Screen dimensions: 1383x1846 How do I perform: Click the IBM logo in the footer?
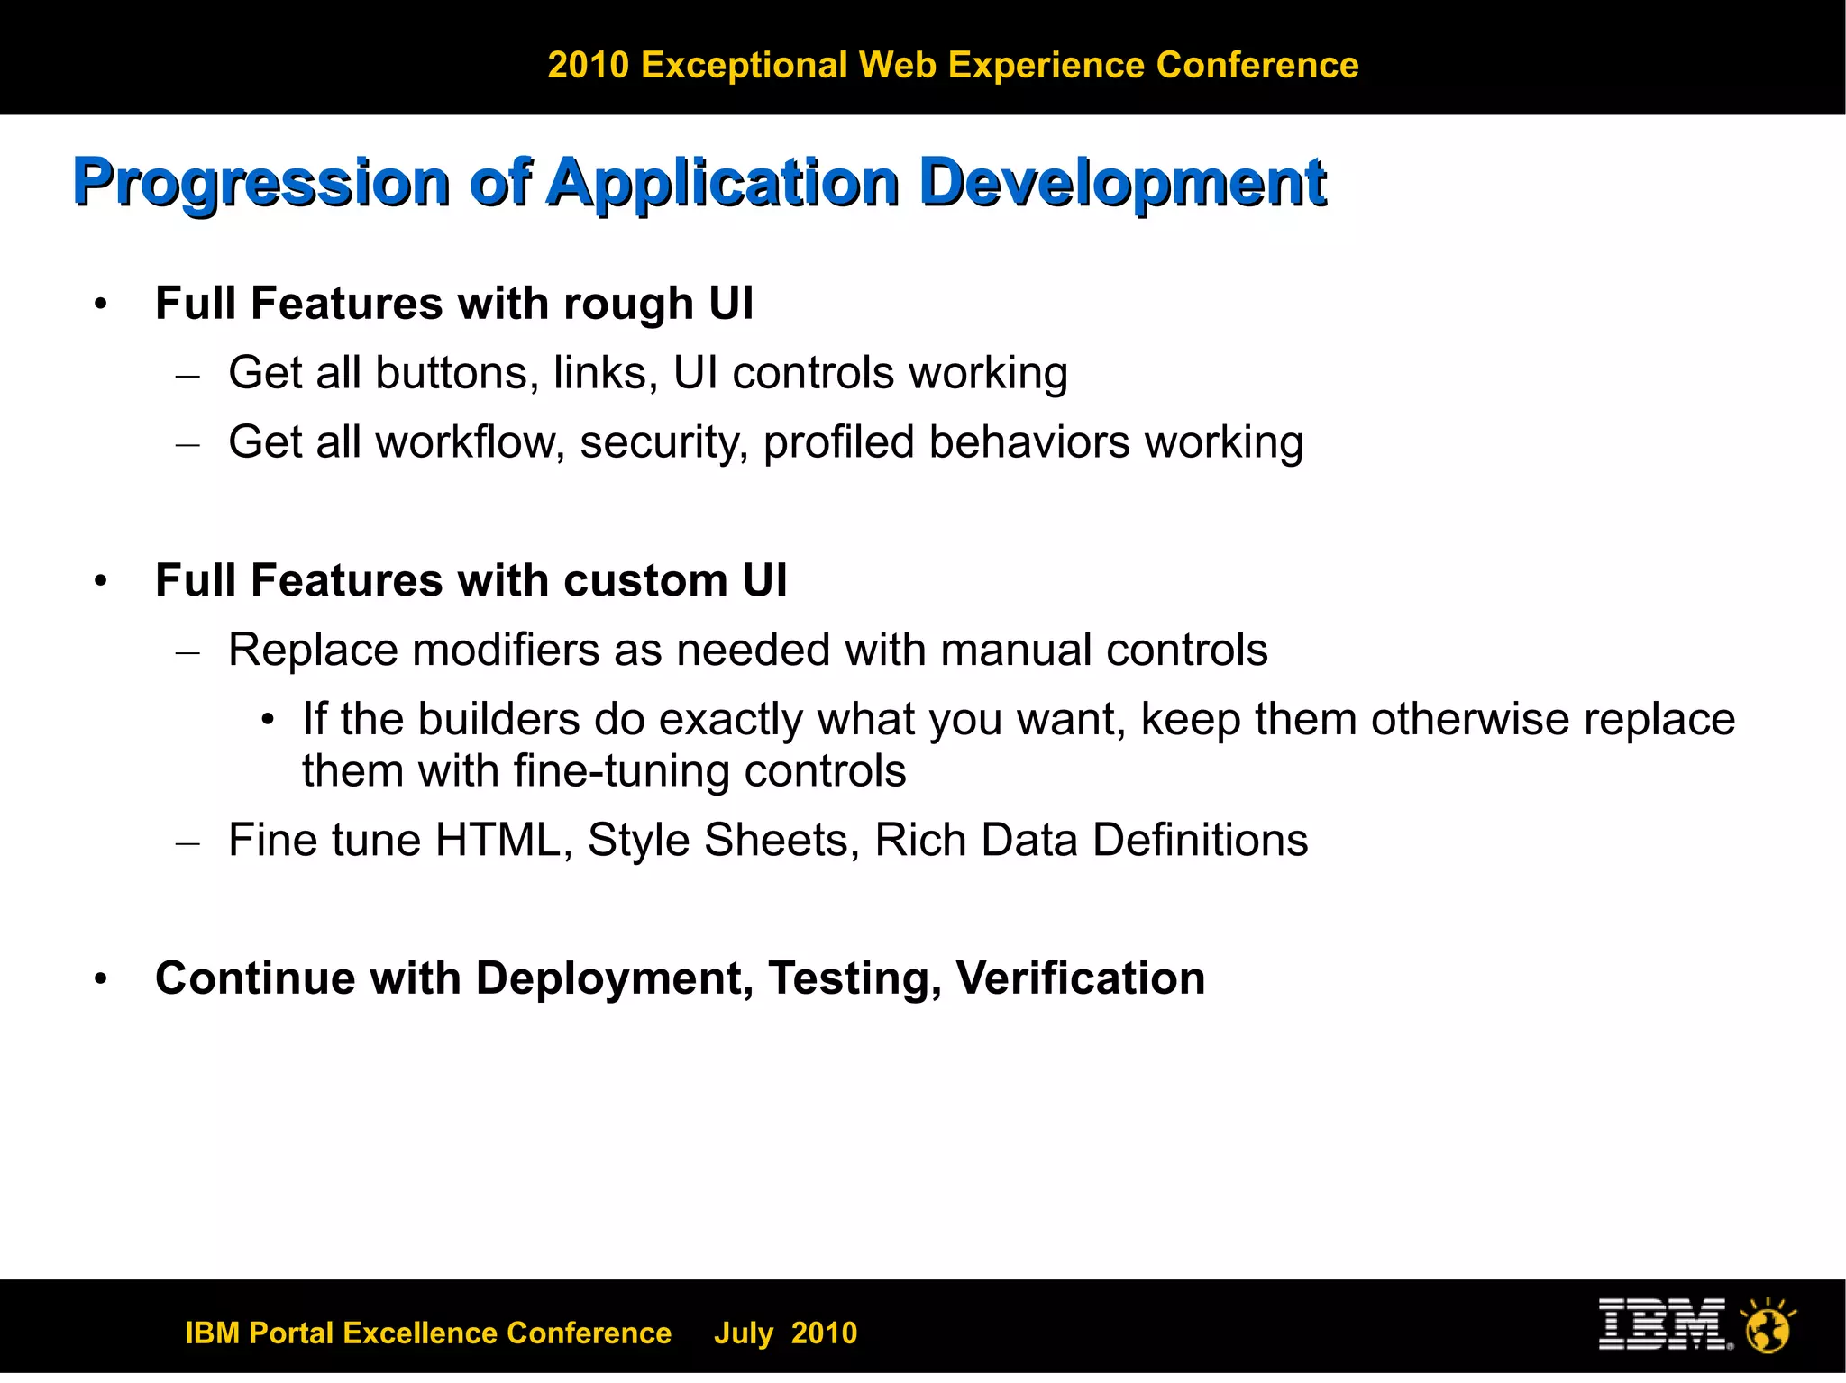(1664, 1324)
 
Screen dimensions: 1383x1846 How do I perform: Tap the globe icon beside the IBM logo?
(1768, 1327)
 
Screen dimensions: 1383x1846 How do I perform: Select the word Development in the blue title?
(1122, 184)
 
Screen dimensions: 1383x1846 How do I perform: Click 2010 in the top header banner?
(588, 66)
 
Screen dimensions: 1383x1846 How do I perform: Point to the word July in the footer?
(744, 1333)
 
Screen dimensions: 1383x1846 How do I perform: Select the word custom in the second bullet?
(645, 580)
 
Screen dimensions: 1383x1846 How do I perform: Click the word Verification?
(1080, 978)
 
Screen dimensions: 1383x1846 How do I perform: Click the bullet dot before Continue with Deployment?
(101, 978)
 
